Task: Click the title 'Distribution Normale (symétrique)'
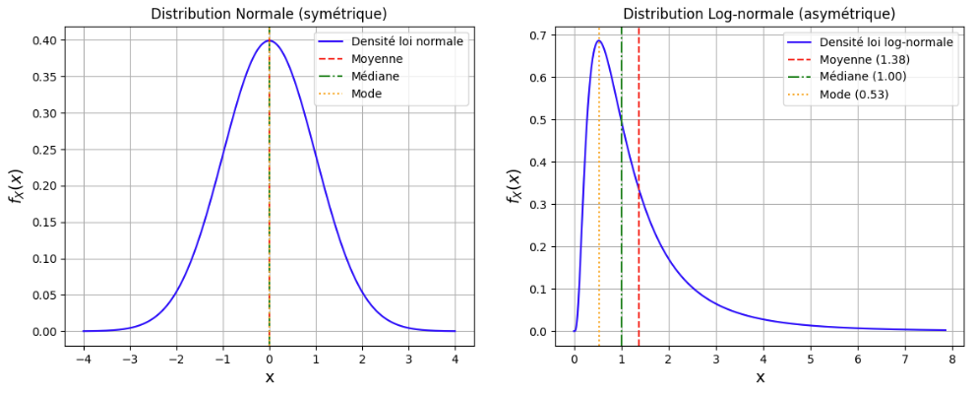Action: pyautogui.click(x=270, y=14)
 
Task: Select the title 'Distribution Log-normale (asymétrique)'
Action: pyautogui.click(x=760, y=14)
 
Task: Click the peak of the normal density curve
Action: pyautogui.click(x=270, y=40)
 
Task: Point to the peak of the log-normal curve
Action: pyautogui.click(x=599, y=41)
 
